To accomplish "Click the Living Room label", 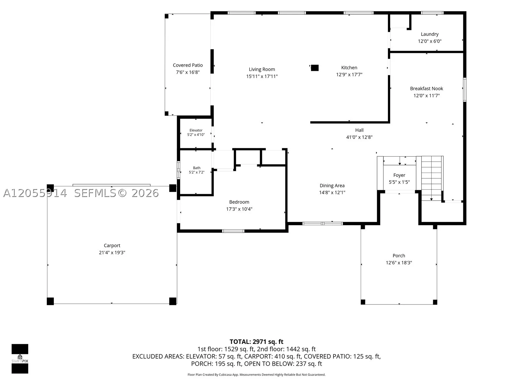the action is (x=262, y=69).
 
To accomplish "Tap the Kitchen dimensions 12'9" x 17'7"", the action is (x=349, y=74).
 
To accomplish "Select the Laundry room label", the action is (x=430, y=34).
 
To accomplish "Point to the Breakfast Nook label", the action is (x=426, y=88).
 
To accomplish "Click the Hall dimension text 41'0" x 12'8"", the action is (x=359, y=137).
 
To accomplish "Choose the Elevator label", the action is (x=196, y=130).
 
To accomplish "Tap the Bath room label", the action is (x=197, y=168).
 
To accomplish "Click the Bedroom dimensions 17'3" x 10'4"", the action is (x=239, y=209).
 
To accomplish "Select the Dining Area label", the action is (x=332, y=186).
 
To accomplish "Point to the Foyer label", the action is (x=399, y=175).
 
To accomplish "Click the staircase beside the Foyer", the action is (x=432, y=178).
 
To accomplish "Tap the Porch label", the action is (x=399, y=255).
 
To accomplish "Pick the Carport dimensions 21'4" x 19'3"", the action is (x=112, y=252).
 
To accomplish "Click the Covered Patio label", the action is (x=188, y=65).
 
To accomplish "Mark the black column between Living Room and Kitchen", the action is (x=315, y=68).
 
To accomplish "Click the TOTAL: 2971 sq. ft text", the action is (x=256, y=341).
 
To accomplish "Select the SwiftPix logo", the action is (x=20, y=359).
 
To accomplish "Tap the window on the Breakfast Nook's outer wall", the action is (x=465, y=90).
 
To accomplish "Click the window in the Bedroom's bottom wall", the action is (x=233, y=231).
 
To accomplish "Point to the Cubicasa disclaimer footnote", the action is (x=256, y=374).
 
